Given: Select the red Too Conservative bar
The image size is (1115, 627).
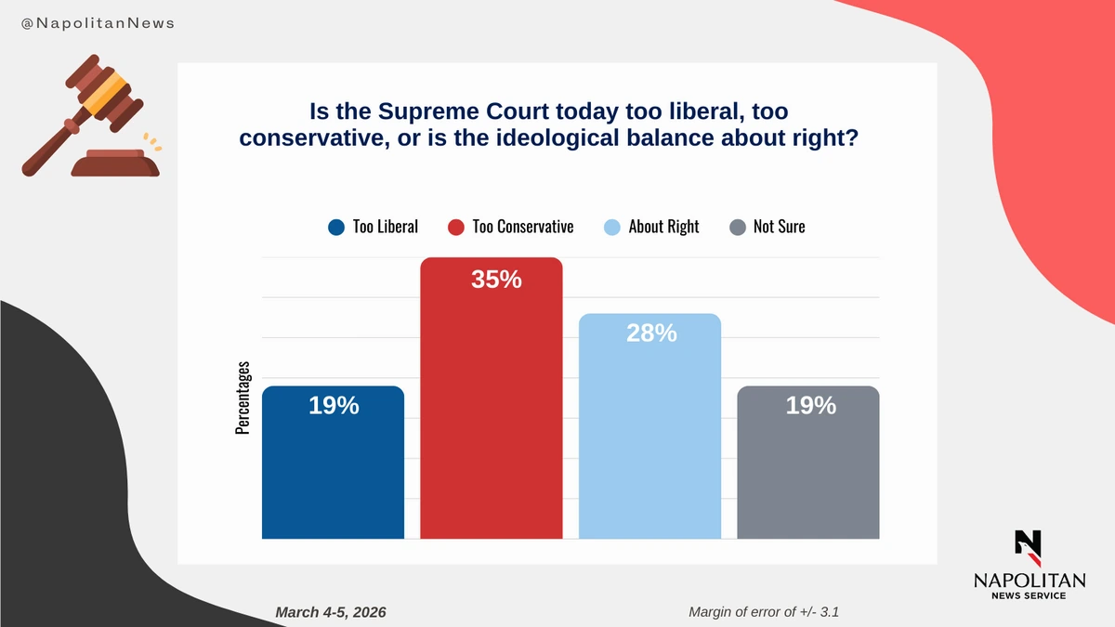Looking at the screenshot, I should [x=491, y=418].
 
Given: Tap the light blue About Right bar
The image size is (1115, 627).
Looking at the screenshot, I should [x=649, y=446].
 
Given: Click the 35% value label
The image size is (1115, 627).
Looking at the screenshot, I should [x=496, y=279].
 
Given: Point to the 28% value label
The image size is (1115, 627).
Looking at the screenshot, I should [x=650, y=333].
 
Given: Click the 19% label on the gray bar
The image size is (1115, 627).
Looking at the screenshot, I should [x=810, y=405].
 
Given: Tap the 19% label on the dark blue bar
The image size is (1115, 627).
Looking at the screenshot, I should [x=334, y=405].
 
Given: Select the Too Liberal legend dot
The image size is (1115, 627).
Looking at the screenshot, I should [x=335, y=227].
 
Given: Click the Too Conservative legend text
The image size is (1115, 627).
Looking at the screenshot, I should [x=523, y=227].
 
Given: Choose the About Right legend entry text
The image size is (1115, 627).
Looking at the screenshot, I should [x=663, y=227].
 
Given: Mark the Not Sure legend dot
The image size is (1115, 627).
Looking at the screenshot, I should [x=737, y=227].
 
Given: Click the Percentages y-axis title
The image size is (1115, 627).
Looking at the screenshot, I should [x=243, y=398].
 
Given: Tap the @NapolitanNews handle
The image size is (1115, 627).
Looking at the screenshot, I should [x=98, y=23].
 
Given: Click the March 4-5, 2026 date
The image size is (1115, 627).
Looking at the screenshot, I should [x=331, y=612].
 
